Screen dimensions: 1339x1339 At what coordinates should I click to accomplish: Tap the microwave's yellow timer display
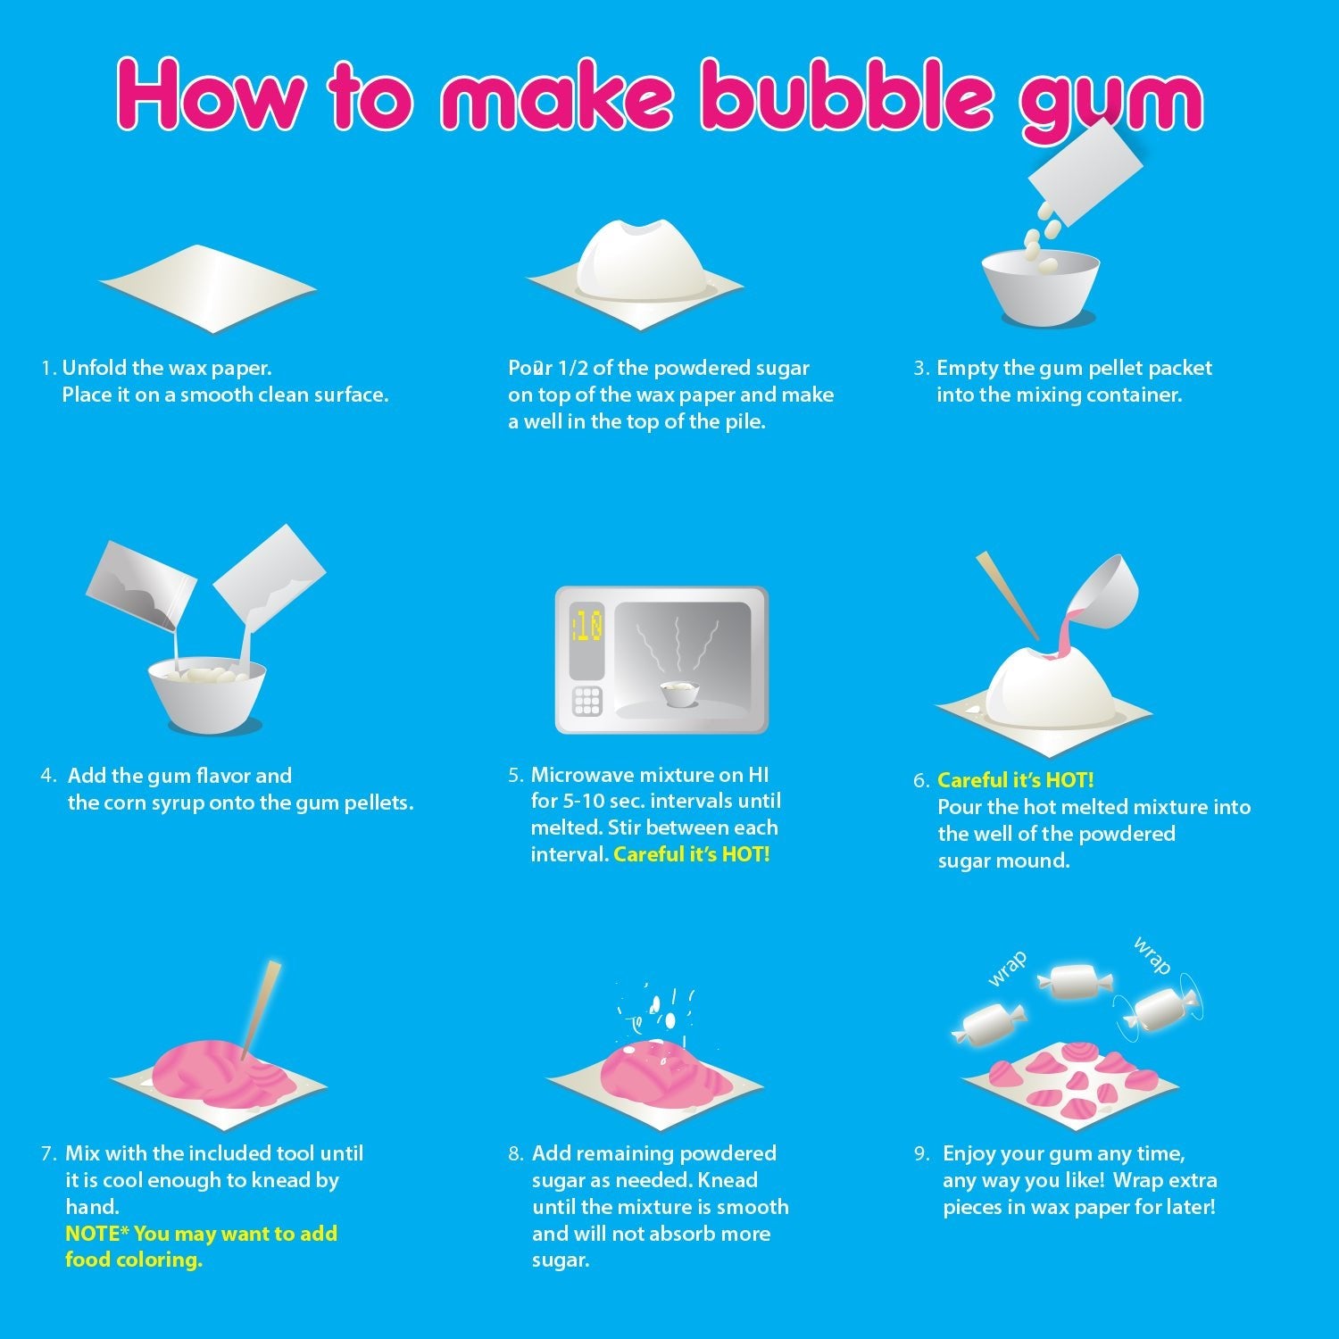point(587,626)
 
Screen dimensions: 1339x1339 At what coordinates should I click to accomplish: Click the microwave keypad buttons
point(587,701)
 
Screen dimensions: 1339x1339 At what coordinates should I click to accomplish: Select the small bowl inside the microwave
point(678,693)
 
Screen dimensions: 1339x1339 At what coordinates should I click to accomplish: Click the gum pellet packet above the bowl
point(1086,171)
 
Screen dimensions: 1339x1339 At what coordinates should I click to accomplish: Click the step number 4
point(48,776)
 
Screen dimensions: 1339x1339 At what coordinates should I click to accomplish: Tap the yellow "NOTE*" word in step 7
point(97,1234)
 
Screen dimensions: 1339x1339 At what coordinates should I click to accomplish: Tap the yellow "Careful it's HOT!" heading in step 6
point(1015,780)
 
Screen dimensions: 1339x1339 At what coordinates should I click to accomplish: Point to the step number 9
point(922,1153)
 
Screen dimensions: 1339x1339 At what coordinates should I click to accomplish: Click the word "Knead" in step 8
point(727,1180)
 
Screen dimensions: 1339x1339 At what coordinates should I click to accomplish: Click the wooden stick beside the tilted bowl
point(1007,595)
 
